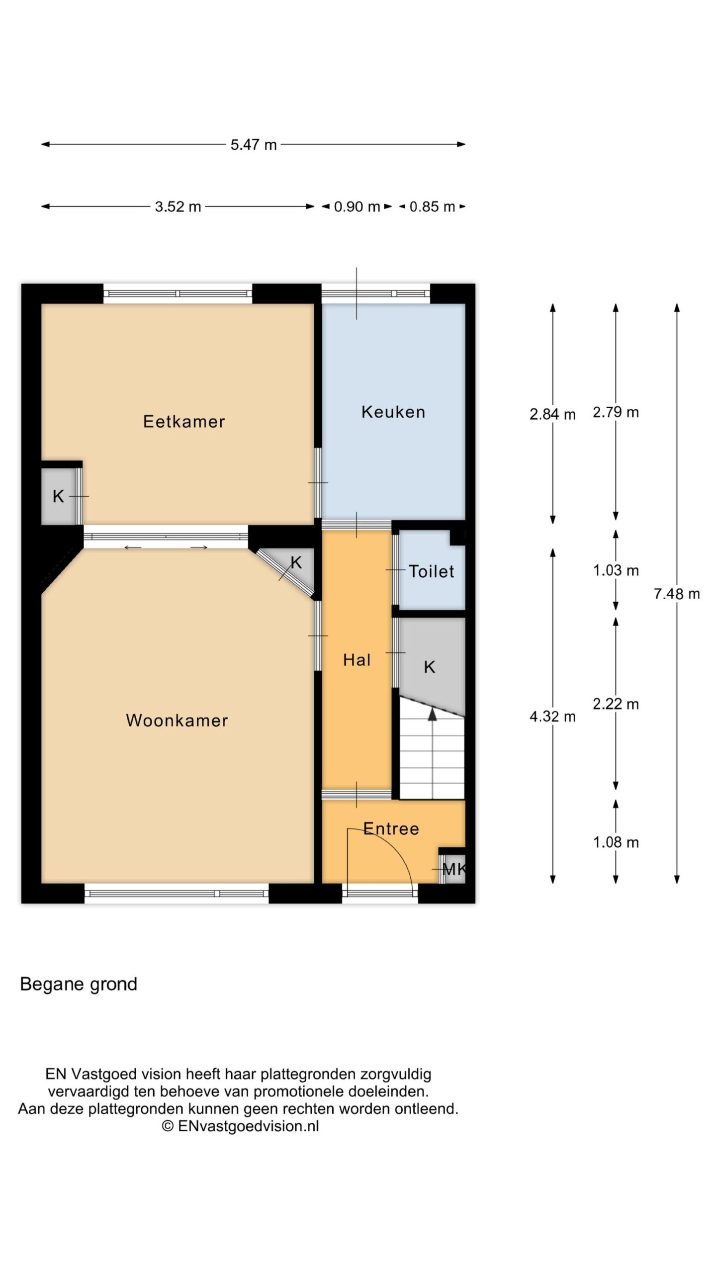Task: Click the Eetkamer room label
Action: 184,422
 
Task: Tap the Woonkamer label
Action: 177,721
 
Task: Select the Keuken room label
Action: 393,412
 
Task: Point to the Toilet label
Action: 432,571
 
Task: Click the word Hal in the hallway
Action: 357,660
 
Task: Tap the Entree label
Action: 391,828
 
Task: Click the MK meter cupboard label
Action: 454,869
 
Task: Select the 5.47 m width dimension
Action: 254,145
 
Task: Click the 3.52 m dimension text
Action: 178,206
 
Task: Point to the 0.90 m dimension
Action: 357,206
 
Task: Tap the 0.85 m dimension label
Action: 432,206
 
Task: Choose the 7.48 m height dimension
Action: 677,594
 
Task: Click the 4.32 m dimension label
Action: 552,717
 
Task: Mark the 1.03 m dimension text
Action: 616,570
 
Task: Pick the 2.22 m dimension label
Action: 616,704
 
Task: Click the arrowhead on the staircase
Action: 433,714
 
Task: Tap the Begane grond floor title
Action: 79,984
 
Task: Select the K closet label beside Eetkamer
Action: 58,496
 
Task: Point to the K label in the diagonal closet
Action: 296,562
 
